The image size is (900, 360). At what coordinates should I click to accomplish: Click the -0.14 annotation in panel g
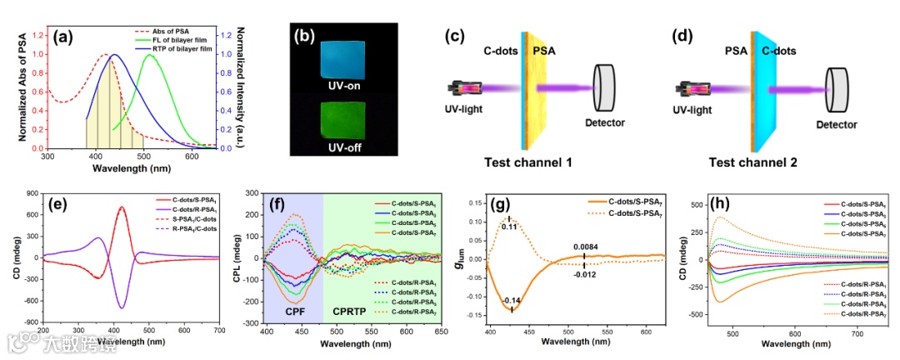pos(511,300)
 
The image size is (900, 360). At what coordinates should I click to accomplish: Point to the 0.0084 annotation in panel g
pos(584,245)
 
